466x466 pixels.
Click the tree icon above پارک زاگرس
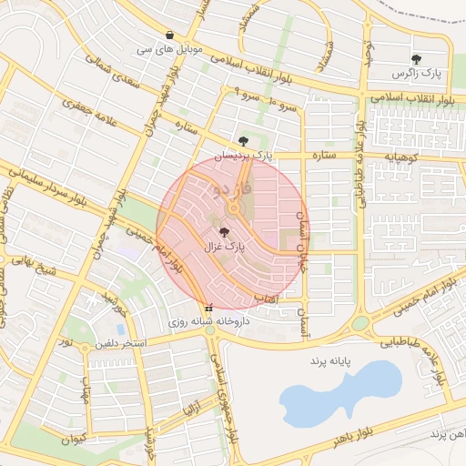416,59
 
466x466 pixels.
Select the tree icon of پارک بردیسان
243,141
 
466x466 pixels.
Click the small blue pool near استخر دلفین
120,329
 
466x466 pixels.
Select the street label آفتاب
292,298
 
